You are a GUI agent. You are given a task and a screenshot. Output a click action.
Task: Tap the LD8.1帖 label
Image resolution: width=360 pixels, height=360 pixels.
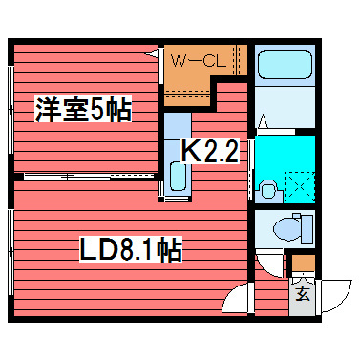click(x=130, y=252)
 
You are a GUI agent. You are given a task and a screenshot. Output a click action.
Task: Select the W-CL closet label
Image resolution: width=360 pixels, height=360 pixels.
click(x=198, y=60)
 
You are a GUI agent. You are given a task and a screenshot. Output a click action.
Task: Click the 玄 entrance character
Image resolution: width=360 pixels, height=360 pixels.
click(x=302, y=293)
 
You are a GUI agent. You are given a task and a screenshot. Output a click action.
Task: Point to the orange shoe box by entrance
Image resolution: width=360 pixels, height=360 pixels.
click(x=301, y=264)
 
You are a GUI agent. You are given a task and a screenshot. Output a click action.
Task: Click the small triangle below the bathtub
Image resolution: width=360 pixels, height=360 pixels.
click(x=264, y=121)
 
